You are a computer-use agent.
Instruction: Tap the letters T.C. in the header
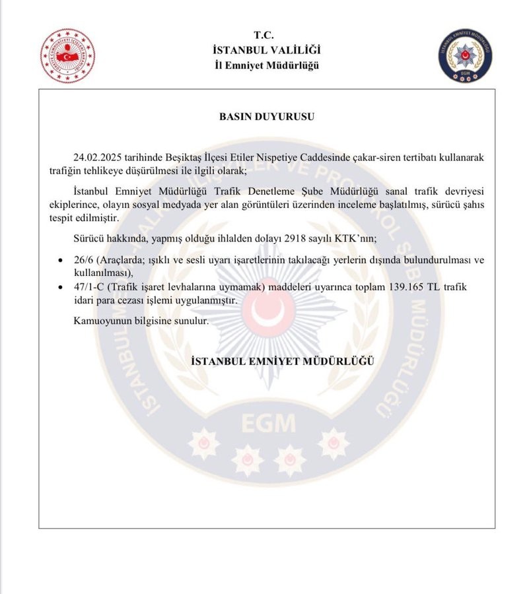[264, 35]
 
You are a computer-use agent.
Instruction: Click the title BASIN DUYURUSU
[266, 116]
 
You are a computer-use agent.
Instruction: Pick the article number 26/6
[85, 260]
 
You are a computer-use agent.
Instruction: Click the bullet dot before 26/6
[61, 261]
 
